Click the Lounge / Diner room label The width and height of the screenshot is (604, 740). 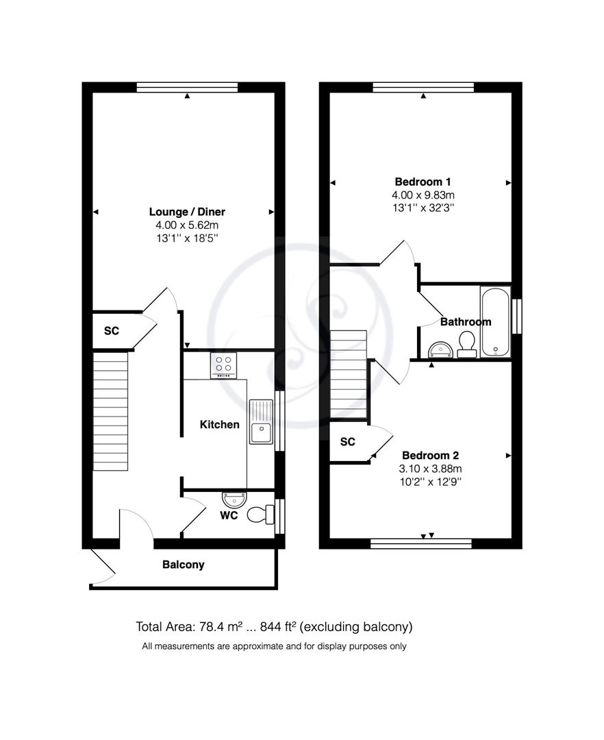point(187,212)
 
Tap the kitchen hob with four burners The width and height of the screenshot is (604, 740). point(223,365)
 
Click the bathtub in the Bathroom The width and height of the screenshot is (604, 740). point(495,321)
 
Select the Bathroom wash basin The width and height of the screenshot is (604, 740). point(438,350)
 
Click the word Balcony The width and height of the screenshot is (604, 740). point(183,565)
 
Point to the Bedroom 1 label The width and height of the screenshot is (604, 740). point(423,182)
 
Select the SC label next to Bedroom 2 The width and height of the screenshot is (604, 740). point(348,442)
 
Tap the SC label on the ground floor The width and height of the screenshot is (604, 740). point(111,331)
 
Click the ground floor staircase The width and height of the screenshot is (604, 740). point(110,410)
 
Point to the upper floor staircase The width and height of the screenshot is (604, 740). point(349,373)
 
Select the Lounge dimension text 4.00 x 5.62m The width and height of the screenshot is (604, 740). point(187,225)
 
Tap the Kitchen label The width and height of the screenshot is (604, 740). point(219,425)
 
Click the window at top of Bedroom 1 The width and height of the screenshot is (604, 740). point(423,87)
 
